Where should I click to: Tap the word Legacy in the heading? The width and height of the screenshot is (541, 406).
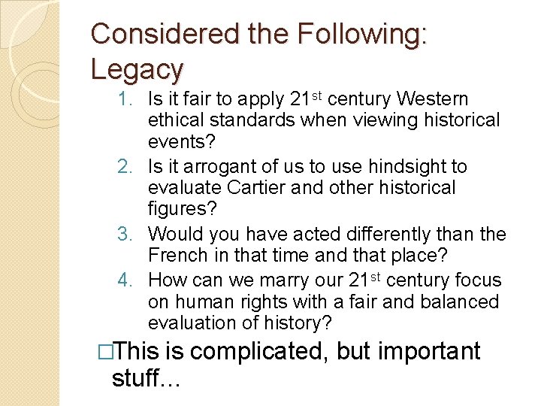pyautogui.click(x=137, y=68)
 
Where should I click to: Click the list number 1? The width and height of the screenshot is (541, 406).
pyautogui.click(x=128, y=99)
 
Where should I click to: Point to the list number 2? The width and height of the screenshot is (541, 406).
pyautogui.click(x=127, y=167)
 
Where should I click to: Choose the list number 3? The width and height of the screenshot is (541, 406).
pyautogui.click(x=127, y=235)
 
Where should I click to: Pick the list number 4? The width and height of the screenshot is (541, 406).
pyautogui.click(x=127, y=280)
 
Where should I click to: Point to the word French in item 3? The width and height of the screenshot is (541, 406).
pyautogui.click(x=180, y=256)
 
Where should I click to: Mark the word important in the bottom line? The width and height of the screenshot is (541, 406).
pyautogui.click(x=435, y=352)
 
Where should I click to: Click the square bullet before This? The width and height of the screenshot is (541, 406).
pyautogui.click(x=107, y=352)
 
